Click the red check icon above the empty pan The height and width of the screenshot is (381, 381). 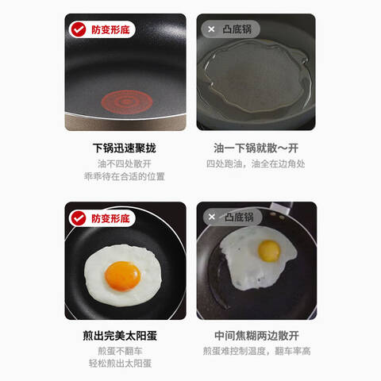coord(79,29)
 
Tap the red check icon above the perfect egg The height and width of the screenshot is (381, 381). coord(79,218)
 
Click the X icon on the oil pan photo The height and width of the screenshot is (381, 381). coord(211,29)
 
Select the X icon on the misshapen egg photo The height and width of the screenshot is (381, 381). coord(212,217)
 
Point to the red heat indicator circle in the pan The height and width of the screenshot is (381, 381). coord(127,102)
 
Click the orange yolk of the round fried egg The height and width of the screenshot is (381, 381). coord(122,275)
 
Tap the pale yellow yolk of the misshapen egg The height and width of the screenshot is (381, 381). coord(269,251)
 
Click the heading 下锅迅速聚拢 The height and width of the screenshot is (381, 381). coord(125,148)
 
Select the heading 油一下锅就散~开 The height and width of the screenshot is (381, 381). coord(256,148)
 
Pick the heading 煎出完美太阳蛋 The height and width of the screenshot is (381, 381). coord(120,336)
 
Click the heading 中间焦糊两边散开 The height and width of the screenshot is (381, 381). coord(256,336)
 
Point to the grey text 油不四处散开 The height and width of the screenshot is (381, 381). coord(125,164)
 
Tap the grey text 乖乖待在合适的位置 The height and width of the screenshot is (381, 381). coord(125,176)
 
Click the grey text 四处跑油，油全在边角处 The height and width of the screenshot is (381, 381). coord(256,164)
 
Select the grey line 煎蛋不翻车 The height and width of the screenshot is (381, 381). coord(120,351)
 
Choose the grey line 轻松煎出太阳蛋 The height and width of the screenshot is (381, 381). coord(120,364)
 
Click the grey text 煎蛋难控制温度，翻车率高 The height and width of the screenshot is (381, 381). coord(256,351)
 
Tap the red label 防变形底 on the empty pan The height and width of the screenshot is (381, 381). coord(110,29)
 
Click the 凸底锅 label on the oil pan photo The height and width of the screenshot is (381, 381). coord(237,29)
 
